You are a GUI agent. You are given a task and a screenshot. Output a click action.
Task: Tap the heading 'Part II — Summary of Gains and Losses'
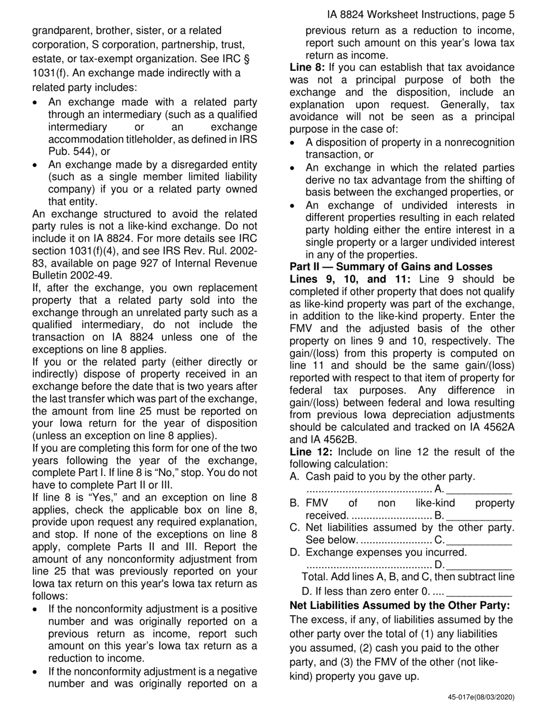pos(390,267)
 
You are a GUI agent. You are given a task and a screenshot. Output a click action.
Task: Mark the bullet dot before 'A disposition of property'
pos(294,143)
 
